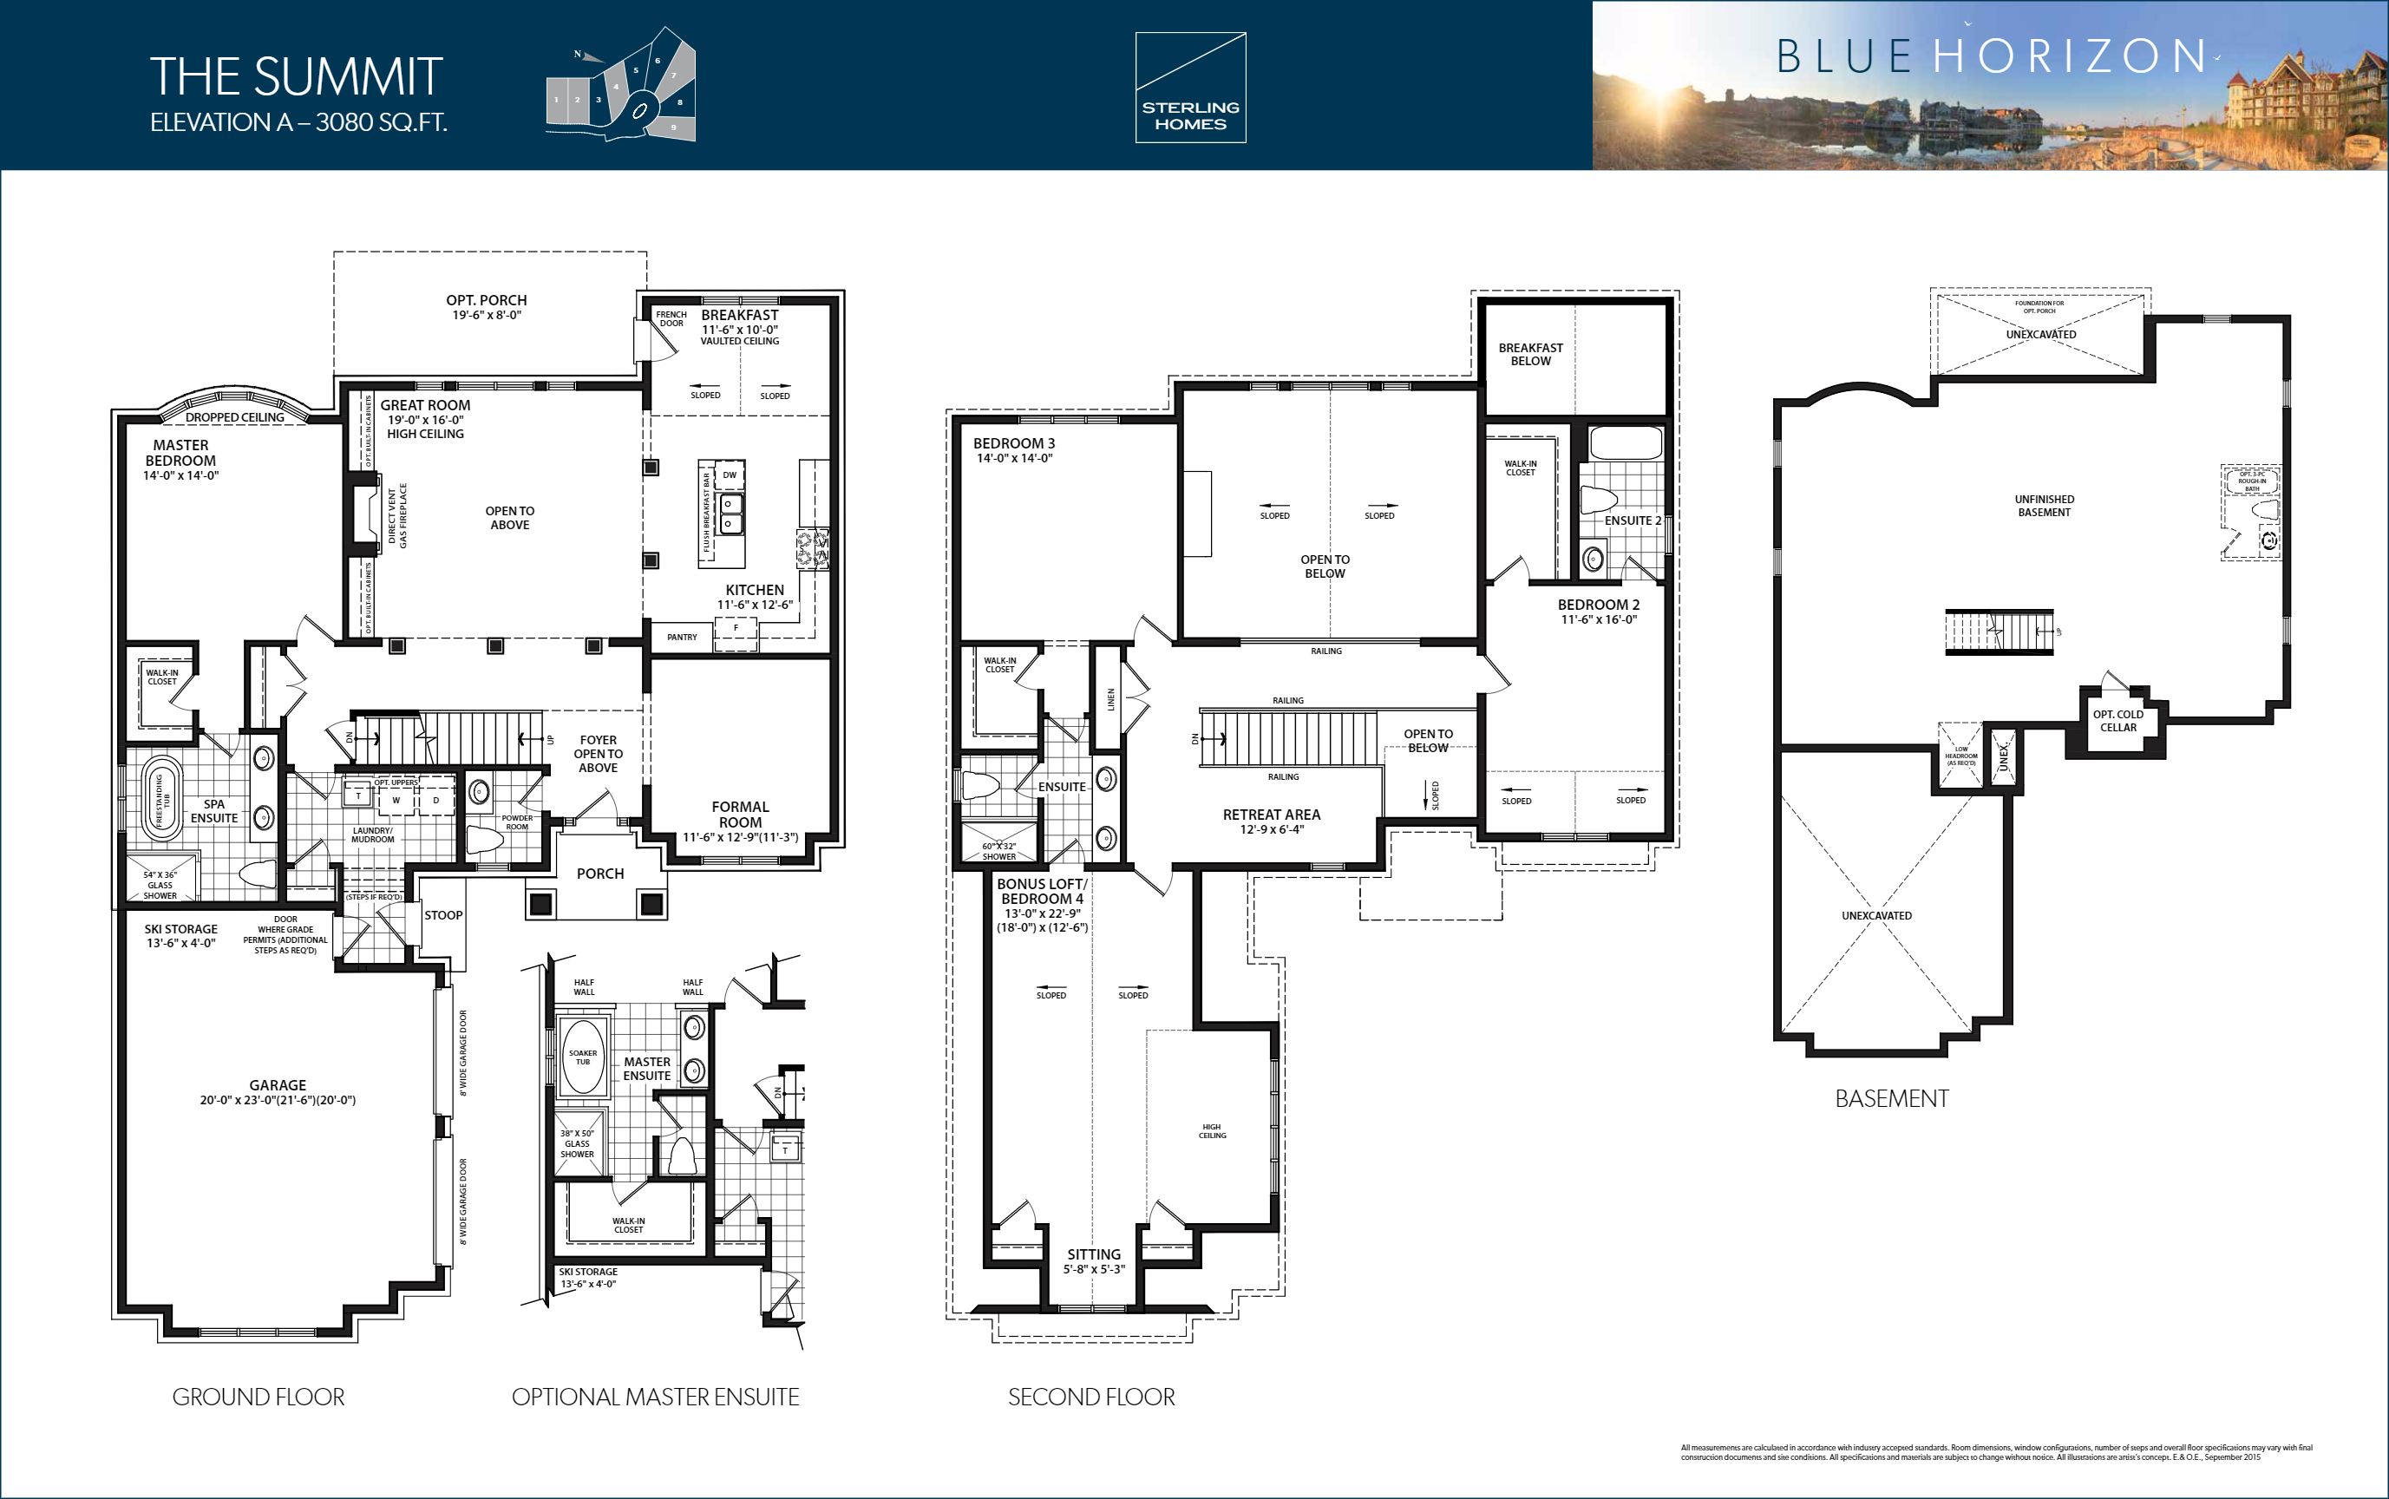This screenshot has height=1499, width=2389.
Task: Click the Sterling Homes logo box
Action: point(1189,88)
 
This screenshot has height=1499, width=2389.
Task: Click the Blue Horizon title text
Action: point(1991,56)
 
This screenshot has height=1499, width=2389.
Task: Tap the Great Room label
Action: point(425,405)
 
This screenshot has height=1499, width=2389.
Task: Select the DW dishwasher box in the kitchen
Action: point(730,475)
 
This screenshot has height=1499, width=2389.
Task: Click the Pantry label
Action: point(682,638)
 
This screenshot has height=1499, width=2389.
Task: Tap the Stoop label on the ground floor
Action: point(443,915)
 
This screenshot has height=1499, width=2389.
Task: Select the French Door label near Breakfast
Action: point(671,318)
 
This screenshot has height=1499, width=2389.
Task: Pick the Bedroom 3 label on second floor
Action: point(1013,443)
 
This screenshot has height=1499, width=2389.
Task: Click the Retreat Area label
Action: point(1271,815)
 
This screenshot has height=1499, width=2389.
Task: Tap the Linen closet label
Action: point(1111,699)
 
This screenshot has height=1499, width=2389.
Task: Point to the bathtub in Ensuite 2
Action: point(1626,443)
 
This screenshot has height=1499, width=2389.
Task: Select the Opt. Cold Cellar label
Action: point(2117,721)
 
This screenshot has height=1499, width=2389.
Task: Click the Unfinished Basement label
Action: point(2043,506)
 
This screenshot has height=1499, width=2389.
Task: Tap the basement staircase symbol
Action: point(1999,632)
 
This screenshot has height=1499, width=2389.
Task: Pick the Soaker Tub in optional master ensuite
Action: point(583,1057)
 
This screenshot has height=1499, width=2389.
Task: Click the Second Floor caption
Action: point(1090,1397)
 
